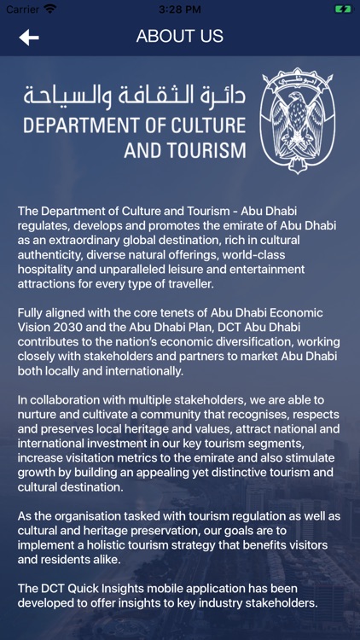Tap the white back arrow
coord(29,37)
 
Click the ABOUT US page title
coord(180,37)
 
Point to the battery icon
coord(342,9)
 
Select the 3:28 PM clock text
coord(180,9)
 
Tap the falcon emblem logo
coord(298,120)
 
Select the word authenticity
coord(53,255)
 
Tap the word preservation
coord(160,532)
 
